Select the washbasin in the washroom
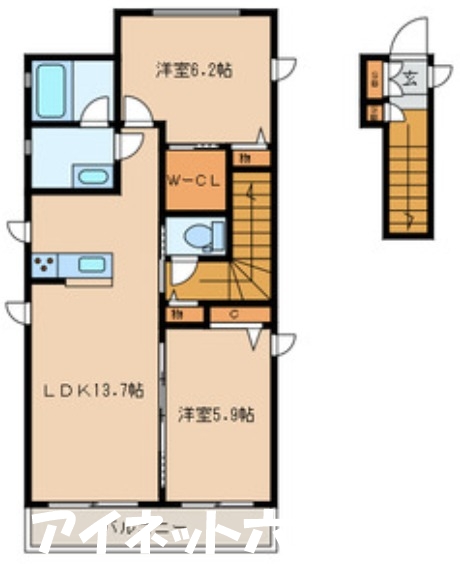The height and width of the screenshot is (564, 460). click(x=93, y=177)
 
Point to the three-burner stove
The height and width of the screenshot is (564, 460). click(x=44, y=266)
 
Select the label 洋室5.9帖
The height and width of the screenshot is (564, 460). click(x=216, y=414)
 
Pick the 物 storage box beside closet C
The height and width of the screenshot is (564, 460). click(x=176, y=316)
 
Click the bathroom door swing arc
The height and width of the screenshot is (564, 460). click(x=97, y=111)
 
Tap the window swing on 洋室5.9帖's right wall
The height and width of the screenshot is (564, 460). click(x=285, y=344)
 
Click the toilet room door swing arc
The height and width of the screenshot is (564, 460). click(x=181, y=273)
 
